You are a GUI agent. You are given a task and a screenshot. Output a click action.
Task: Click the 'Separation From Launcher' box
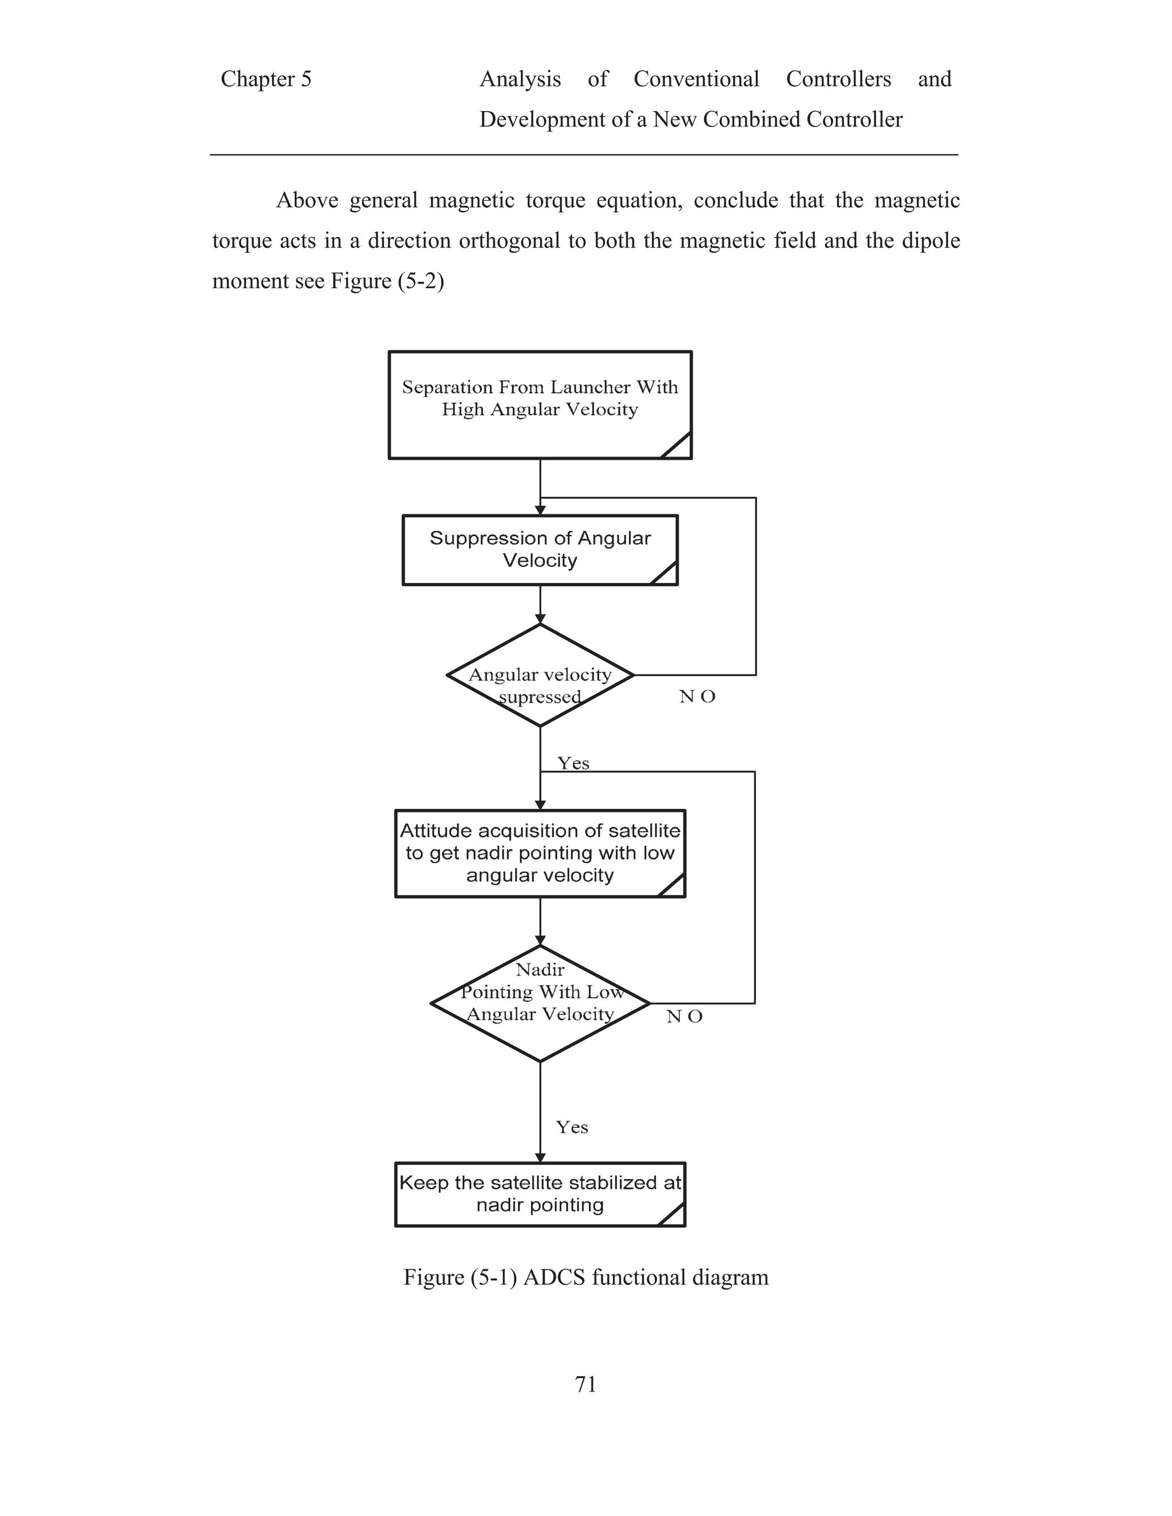540,404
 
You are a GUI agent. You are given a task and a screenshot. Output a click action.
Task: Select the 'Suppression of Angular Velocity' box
540,550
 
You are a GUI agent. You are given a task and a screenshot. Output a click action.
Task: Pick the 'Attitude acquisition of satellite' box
540,853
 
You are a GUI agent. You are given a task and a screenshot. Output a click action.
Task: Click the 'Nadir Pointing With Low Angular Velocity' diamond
540,1003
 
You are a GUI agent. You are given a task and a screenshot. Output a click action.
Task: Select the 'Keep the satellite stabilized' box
540,1194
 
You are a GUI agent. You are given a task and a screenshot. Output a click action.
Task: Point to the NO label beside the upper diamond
697,697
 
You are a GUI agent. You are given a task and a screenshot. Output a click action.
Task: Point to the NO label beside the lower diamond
684,1017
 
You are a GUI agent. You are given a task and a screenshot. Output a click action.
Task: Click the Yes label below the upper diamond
573,764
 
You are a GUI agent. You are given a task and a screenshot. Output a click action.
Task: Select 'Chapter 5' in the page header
266,79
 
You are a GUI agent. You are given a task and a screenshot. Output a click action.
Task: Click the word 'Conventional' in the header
696,79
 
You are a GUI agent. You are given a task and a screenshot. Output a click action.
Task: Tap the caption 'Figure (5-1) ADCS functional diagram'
586,1277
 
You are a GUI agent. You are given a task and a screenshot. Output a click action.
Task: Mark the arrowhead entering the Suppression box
540,510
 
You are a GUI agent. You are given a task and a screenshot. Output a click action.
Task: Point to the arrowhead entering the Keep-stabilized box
540,1158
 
